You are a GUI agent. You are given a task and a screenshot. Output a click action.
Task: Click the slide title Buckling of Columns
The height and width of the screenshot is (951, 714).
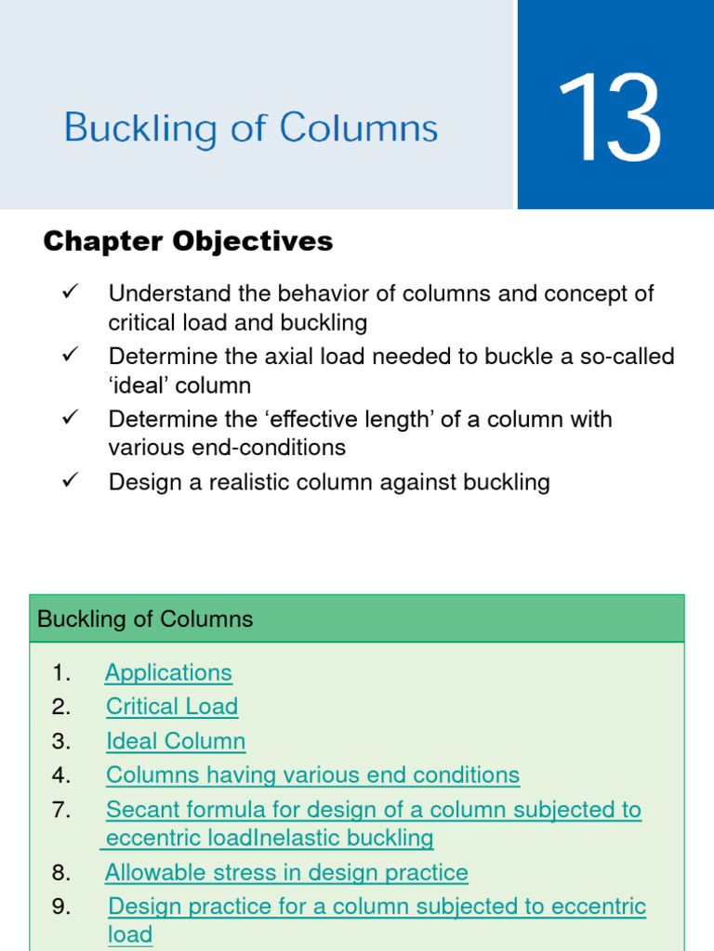click(251, 128)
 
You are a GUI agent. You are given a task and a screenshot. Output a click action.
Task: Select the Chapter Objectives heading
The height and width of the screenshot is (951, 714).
click(188, 241)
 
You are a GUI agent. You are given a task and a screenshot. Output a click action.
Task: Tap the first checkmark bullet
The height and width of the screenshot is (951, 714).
click(70, 293)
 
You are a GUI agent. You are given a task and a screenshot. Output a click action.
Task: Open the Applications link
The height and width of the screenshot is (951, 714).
click(168, 672)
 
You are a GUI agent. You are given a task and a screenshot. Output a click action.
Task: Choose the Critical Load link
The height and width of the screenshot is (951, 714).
click(172, 707)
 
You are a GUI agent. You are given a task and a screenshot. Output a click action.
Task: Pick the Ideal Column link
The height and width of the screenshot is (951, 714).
click(176, 741)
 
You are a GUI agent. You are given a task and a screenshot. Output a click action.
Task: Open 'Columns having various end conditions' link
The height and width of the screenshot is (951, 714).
click(312, 775)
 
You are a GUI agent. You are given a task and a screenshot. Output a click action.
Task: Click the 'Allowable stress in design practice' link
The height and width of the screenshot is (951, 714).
click(286, 873)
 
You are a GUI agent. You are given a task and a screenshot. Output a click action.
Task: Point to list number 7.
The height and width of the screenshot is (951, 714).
click(61, 810)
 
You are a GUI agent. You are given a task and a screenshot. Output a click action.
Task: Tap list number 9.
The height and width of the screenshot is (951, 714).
click(61, 906)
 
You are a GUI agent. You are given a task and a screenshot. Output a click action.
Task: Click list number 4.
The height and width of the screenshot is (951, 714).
click(61, 775)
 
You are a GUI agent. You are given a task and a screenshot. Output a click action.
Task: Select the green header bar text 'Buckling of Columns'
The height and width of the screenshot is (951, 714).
click(145, 619)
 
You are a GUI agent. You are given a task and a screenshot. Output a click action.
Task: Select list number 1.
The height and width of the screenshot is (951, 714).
click(61, 672)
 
